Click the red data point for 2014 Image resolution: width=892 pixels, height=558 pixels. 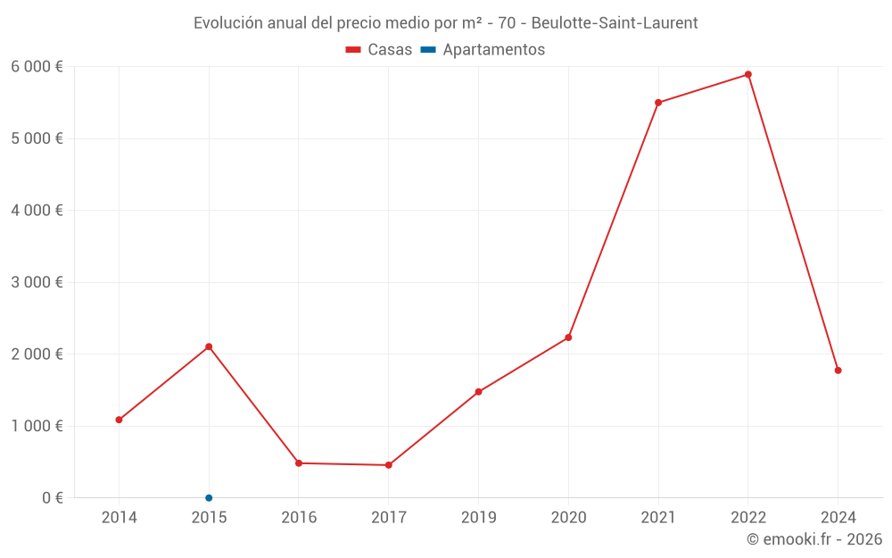pyautogui.click(x=119, y=420)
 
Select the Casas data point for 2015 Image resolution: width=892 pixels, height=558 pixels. pyautogui.click(x=209, y=346)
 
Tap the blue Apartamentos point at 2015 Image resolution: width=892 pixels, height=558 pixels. pyautogui.click(x=209, y=497)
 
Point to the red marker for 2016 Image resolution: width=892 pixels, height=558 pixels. pyautogui.click(x=299, y=463)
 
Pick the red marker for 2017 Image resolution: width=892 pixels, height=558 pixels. pyautogui.click(x=389, y=465)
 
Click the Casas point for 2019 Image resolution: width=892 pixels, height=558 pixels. pyautogui.click(x=478, y=392)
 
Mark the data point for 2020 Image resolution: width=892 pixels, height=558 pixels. pyautogui.click(x=568, y=337)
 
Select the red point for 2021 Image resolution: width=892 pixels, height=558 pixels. pyautogui.click(x=658, y=103)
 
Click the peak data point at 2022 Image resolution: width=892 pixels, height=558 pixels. pyautogui.click(x=748, y=74)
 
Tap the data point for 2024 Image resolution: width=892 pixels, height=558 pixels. pyautogui.click(x=838, y=371)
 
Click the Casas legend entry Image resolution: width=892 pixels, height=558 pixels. pyautogui.click(x=379, y=50)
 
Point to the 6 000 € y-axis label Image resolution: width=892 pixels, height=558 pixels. pyautogui.click(x=37, y=66)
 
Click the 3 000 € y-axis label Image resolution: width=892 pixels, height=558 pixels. pyautogui.click(x=37, y=282)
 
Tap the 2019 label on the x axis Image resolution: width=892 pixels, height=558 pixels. pyautogui.click(x=478, y=517)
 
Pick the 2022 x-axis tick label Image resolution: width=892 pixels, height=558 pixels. pyautogui.click(x=748, y=517)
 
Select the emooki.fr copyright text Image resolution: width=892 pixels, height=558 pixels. pyautogui.click(x=814, y=539)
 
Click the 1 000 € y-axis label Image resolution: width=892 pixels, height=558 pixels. pyautogui.click(x=37, y=426)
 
